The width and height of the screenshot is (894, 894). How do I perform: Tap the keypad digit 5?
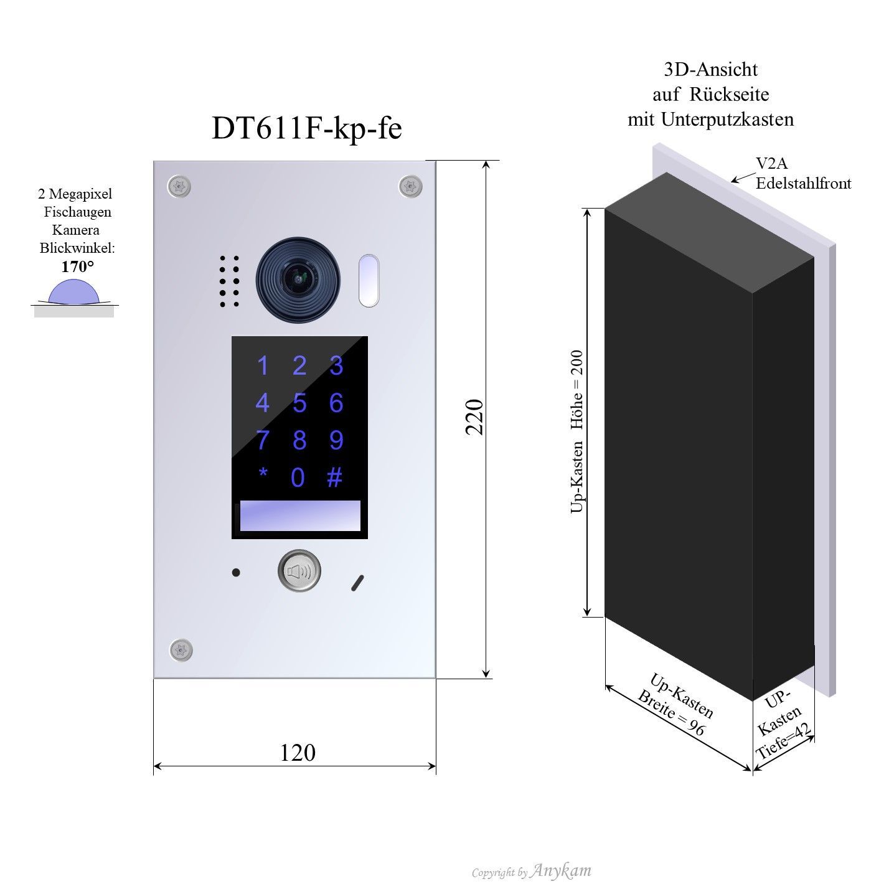[x=299, y=403]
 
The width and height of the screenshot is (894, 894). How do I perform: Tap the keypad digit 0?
[x=298, y=478]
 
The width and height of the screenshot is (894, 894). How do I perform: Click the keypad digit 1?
[x=263, y=366]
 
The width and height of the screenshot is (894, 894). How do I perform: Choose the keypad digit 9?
[x=336, y=440]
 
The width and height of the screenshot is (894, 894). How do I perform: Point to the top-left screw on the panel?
[x=179, y=186]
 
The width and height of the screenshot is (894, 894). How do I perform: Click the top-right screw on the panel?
[x=410, y=186]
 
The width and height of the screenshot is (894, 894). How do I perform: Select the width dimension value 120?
[x=298, y=753]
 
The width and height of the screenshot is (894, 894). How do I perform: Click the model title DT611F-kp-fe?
[x=307, y=128]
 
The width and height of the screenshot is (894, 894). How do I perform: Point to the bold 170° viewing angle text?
[x=78, y=267]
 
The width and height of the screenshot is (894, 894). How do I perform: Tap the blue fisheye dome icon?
[x=74, y=292]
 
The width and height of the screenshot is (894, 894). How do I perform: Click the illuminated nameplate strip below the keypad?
[x=300, y=515]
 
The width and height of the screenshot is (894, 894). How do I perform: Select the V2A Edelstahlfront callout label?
[x=802, y=173]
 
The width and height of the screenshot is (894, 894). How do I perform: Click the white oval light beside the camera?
[x=369, y=280]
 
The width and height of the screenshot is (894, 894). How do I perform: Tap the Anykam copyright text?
[x=531, y=871]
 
